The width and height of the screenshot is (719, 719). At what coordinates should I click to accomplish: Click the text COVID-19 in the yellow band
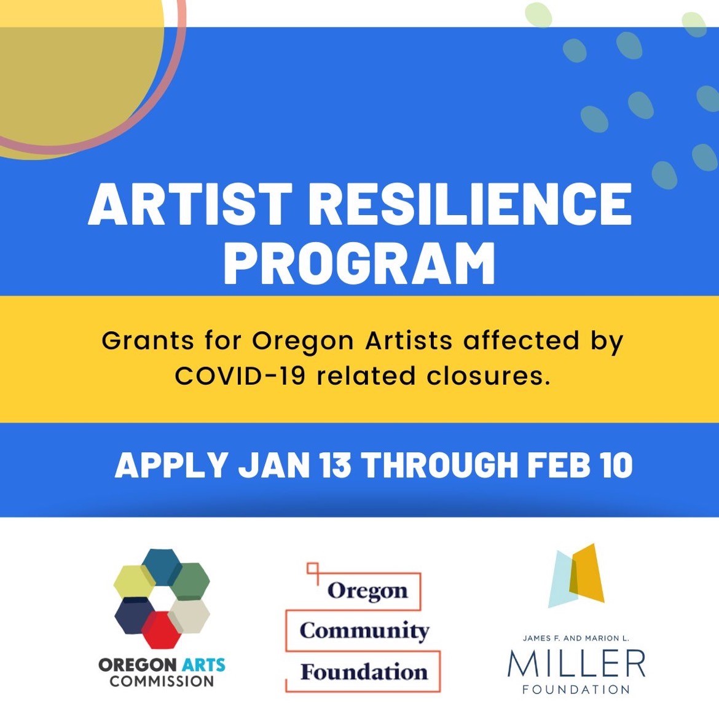pyautogui.click(x=240, y=375)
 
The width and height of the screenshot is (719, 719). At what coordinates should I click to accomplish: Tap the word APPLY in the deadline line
pyautogui.click(x=171, y=465)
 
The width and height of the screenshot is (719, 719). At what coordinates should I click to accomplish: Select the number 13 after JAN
pyautogui.click(x=335, y=465)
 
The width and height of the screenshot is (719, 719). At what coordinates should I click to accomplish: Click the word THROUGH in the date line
pyautogui.click(x=439, y=465)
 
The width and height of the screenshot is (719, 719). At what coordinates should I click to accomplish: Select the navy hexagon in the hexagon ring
pyautogui.click(x=135, y=616)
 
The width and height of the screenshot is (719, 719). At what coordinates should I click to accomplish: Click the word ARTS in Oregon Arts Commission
pyautogui.click(x=202, y=665)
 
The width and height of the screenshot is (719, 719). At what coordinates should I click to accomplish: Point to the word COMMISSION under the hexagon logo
pyautogui.click(x=162, y=681)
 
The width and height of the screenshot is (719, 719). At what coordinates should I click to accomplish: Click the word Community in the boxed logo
pyautogui.click(x=364, y=631)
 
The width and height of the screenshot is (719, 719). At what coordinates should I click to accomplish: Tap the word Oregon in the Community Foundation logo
pyautogui.click(x=367, y=591)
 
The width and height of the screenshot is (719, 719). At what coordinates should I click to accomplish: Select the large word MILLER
pyautogui.click(x=576, y=664)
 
